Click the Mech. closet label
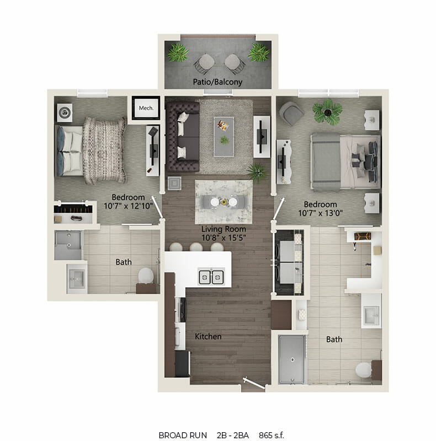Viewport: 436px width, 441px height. pos(146,108)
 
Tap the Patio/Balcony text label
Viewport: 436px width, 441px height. pos(217,82)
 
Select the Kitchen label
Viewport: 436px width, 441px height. pos(208,336)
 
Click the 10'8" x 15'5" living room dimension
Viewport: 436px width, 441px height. pos(224,238)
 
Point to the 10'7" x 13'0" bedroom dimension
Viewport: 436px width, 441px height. pos(321,213)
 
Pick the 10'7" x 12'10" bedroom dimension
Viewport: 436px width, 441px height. pos(129,206)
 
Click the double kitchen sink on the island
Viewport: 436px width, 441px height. pos(211,277)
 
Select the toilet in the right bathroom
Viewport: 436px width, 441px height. pos(363,369)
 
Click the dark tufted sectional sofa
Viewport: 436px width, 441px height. pos(183,136)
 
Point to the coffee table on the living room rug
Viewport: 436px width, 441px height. pos(224,136)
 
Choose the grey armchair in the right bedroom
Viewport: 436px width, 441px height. pos(291,114)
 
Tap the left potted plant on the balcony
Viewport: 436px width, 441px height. pos(178,52)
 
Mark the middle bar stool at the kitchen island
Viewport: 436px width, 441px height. pos(196,247)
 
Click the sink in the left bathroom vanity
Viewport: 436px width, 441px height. pos(77,279)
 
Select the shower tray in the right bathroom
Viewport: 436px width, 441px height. pos(292,359)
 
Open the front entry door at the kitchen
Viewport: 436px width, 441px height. pos(254,383)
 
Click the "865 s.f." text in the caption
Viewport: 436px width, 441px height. pos(272,435)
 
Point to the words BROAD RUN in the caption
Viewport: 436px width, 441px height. pos(183,435)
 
